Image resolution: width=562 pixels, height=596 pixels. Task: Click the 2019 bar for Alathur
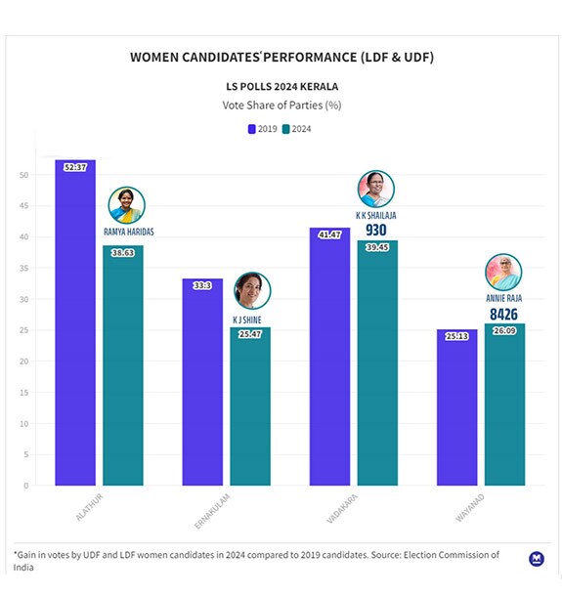pos(75,322)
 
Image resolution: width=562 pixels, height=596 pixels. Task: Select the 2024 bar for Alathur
pos(123,366)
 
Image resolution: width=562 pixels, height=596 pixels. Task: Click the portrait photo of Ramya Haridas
pos(126,205)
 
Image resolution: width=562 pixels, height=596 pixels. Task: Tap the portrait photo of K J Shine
pos(251,291)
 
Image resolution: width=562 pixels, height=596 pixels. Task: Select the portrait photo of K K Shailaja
pos(376,189)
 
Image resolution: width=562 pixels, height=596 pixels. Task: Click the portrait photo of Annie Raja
pos(502,273)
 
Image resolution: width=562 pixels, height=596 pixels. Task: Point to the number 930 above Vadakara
pos(376,231)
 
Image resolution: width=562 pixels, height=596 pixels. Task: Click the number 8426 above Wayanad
pos(502,315)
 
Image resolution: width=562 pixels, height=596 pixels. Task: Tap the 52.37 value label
pos(75,168)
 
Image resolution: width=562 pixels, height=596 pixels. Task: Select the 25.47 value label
pos(250,335)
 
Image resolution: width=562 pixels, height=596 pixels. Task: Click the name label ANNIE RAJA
pos(502,298)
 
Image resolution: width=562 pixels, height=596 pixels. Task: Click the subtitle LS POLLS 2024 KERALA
pos(281,86)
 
